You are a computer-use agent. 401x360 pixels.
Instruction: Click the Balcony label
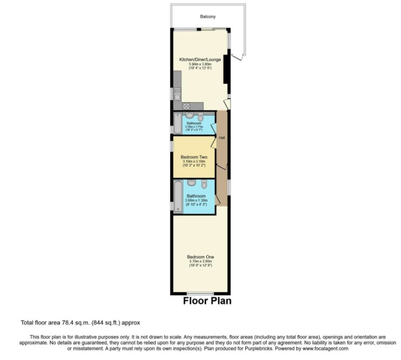pos(208,17)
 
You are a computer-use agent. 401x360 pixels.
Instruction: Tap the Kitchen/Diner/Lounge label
pos(200,59)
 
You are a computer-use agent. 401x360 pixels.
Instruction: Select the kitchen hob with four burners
pos(186,106)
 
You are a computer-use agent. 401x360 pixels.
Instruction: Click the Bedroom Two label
pos(194,157)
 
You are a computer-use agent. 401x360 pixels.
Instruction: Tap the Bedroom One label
pos(200,257)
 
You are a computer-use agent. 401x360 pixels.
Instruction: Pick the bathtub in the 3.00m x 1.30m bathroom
pos(178,197)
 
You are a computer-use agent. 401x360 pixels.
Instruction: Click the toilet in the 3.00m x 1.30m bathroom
pos(204,184)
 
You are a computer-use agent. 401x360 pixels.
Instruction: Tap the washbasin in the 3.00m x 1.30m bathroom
pos(191,183)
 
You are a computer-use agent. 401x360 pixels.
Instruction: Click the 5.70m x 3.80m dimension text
pos(200,261)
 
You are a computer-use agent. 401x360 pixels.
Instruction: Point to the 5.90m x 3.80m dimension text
pos(200,64)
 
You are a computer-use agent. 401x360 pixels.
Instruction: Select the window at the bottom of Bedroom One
pos(200,293)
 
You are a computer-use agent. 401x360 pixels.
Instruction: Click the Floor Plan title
pos(207,301)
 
